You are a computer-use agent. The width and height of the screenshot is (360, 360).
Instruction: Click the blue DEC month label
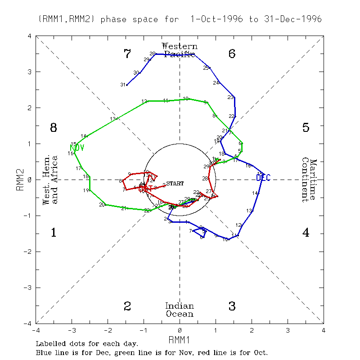[263, 178]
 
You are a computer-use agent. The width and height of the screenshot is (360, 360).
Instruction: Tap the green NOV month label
[77, 148]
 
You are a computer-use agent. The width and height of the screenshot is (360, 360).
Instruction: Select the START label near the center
[175, 183]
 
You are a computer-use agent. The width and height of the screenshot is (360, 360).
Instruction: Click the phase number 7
[127, 54]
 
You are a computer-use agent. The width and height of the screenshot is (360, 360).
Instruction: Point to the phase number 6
[232, 54]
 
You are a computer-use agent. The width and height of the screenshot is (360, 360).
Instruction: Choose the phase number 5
[306, 128]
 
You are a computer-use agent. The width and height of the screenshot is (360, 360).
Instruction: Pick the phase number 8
[53, 128]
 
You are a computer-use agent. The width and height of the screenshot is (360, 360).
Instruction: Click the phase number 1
[53, 233]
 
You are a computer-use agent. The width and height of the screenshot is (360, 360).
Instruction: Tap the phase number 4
[306, 233]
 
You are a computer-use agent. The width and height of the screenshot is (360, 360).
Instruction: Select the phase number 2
[127, 306]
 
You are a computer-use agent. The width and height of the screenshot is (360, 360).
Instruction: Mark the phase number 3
[232, 306]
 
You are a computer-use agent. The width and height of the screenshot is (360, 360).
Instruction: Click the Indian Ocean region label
[180, 310]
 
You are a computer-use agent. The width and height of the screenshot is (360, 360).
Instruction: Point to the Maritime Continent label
[309, 180]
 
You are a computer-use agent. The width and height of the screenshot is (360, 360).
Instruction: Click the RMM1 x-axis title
[180, 338]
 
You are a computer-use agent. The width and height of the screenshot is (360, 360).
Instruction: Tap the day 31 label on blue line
[122, 85]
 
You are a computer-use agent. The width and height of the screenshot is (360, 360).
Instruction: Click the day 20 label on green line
[102, 205]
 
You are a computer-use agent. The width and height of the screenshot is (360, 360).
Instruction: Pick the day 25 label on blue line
[206, 68]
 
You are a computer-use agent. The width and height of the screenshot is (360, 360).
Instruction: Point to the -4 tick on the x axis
[36, 330]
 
